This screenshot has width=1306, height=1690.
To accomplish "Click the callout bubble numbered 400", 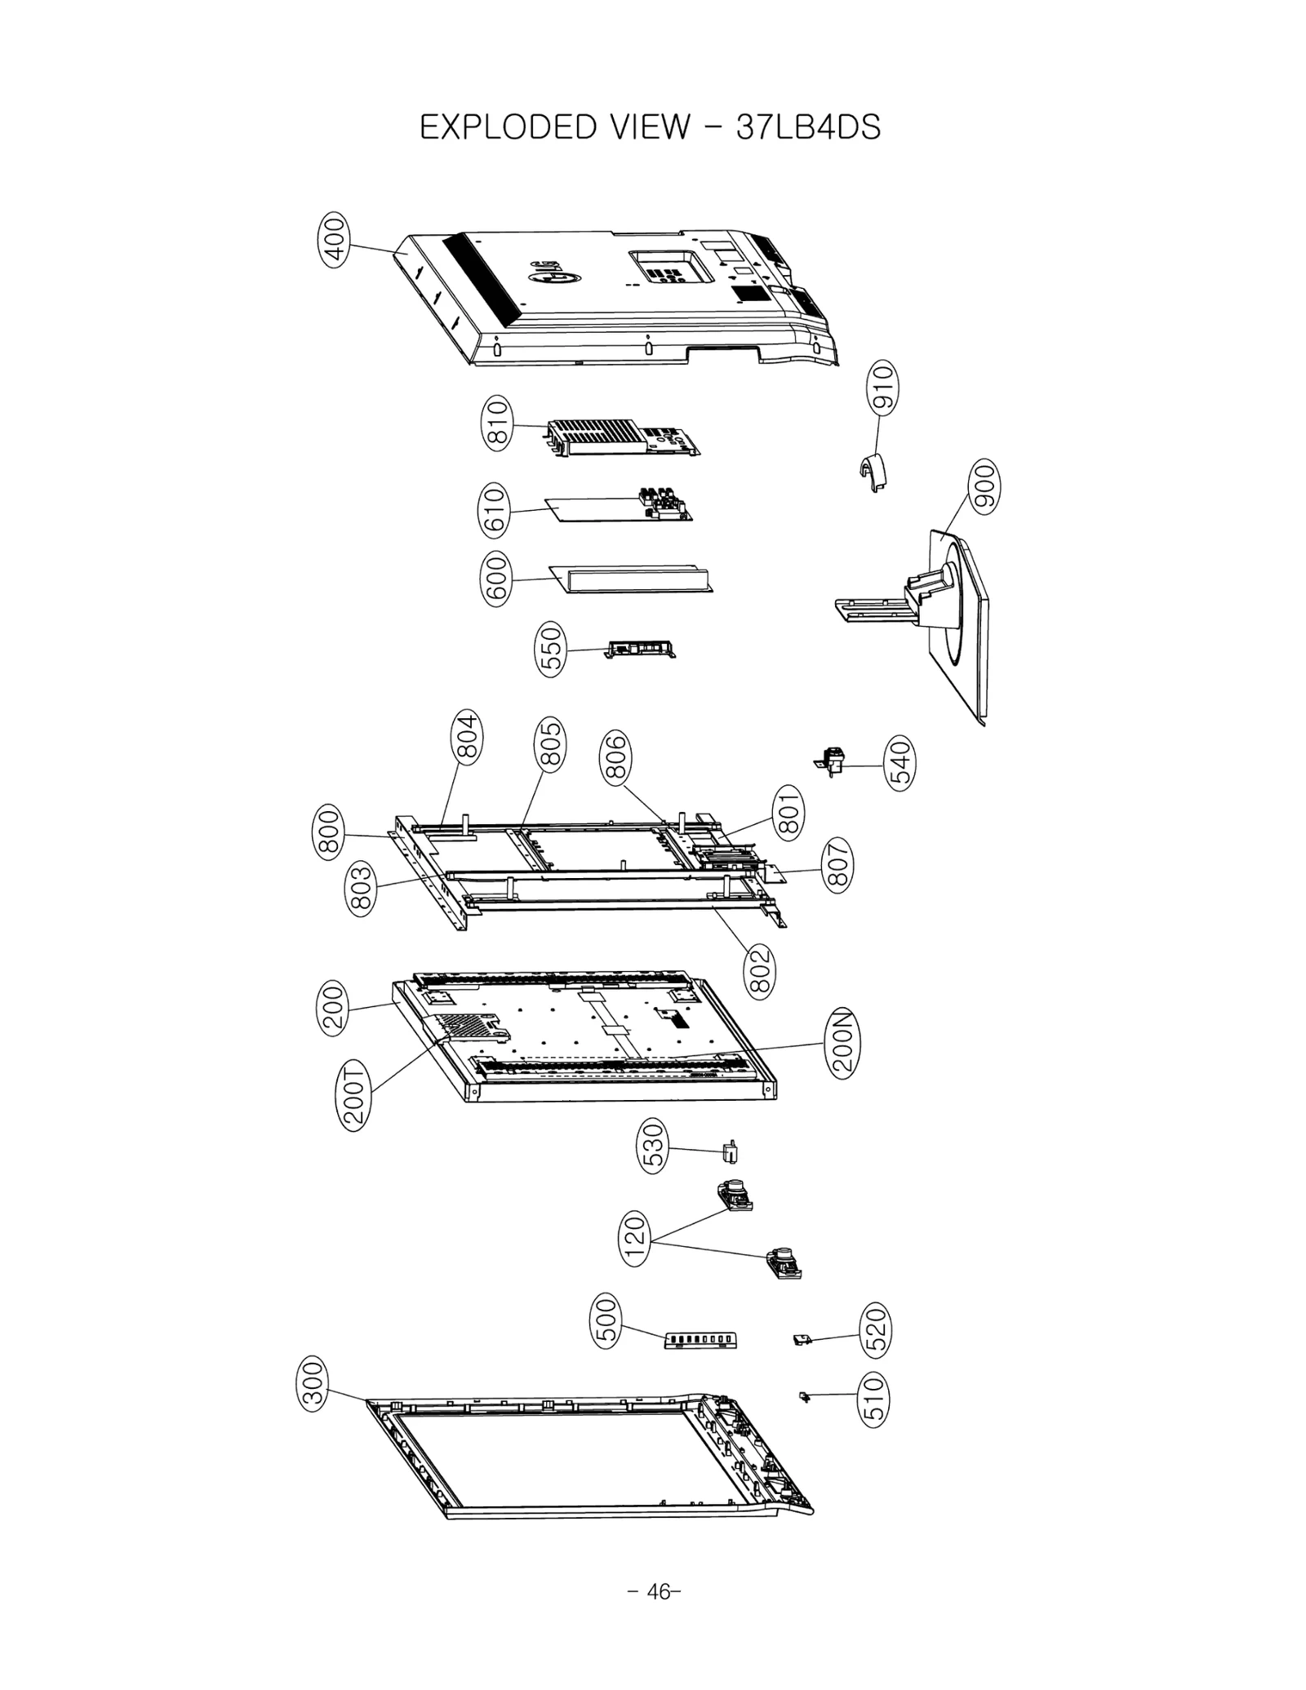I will (x=334, y=239).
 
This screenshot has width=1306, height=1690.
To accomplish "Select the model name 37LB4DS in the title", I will (x=808, y=128).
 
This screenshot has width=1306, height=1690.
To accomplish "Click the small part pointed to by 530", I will (x=731, y=1154).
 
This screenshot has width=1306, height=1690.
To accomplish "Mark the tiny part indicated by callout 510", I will (x=804, y=1398).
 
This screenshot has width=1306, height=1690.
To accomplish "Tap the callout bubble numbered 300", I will (x=314, y=1382).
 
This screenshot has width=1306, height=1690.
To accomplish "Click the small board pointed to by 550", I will (x=641, y=650).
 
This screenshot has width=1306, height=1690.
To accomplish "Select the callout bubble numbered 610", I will (x=495, y=510).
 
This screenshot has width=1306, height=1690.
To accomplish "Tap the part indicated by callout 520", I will (x=802, y=1340).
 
